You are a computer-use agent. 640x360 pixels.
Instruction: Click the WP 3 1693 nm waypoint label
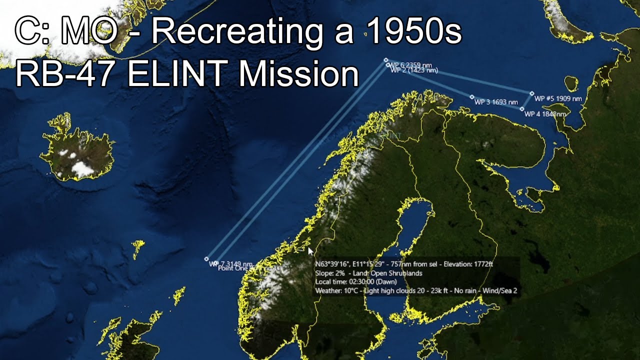(496, 102)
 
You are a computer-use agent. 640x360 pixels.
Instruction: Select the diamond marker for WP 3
(472, 97)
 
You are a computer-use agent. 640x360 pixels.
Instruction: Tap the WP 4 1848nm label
(545, 114)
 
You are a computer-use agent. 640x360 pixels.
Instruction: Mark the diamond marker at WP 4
(522, 109)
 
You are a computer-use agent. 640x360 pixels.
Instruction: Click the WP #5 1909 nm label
(558, 98)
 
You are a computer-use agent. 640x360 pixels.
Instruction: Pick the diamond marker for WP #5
(532, 93)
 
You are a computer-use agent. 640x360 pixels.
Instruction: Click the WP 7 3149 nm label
(230, 263)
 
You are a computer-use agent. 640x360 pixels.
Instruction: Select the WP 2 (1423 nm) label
(413, 70)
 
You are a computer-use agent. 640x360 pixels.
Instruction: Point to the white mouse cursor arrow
(310, 251)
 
